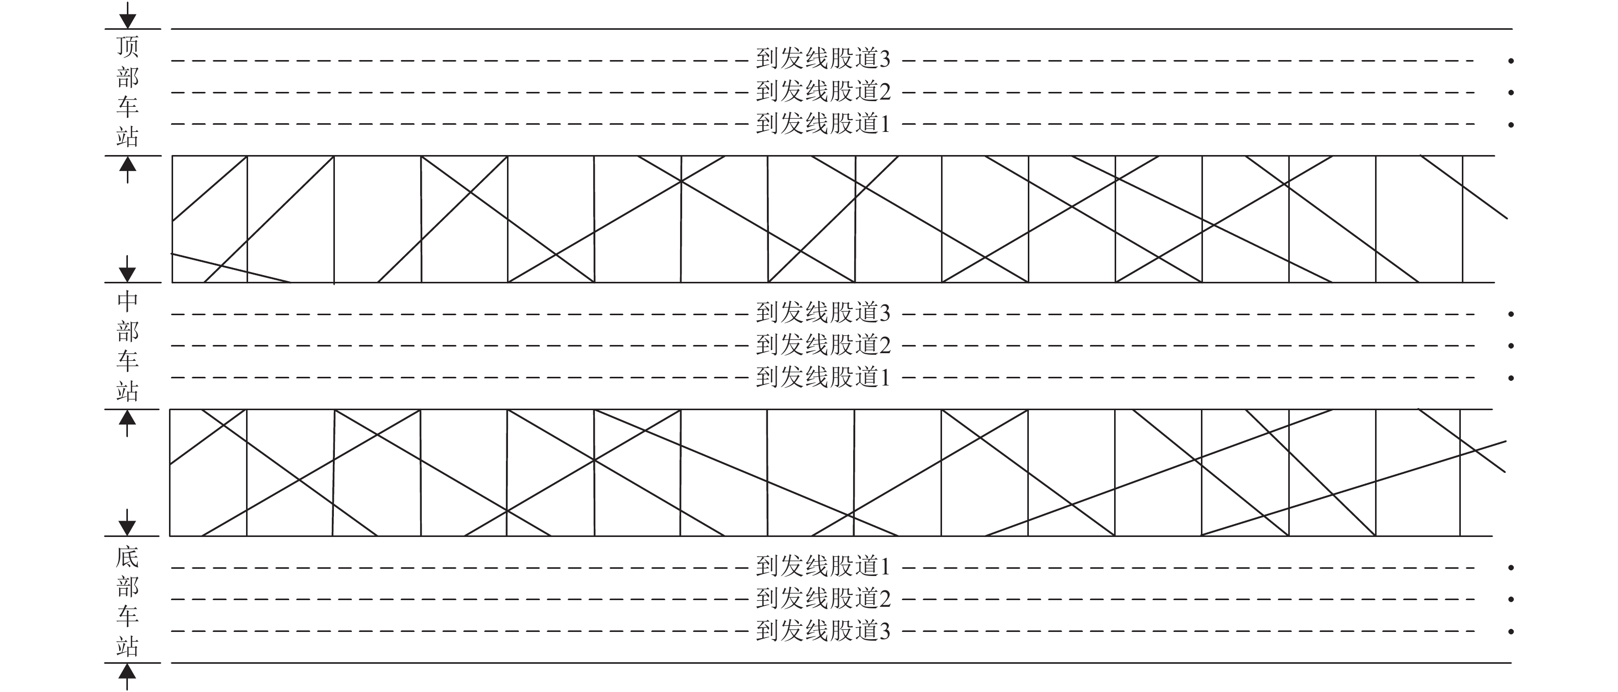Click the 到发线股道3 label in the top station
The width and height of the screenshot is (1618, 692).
click(823, 60)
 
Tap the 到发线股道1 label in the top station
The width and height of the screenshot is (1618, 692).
click(823, 124)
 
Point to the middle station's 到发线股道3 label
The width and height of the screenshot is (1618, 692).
click(823, 313)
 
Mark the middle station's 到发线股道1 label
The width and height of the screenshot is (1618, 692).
click(823, 377)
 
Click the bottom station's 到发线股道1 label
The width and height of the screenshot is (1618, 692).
click(823, 566)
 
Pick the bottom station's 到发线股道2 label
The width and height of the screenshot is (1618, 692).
click(823, 599)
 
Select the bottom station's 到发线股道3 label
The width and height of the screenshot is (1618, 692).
click(823, 631)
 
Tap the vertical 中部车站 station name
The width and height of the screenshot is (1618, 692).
click(127, 346)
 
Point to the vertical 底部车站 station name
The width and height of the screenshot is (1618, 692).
click(127, 601)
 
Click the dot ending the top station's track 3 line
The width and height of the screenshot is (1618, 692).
click(1511, 61)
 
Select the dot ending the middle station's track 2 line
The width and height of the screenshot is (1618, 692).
click(1511, 346)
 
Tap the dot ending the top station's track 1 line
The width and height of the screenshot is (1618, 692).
click(1511, 125)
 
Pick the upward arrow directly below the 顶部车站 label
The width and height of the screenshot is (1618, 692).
click(127, 168)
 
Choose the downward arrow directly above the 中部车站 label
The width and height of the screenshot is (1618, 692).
click(127, 270)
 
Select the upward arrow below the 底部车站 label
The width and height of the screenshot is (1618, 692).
click(127, 676)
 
